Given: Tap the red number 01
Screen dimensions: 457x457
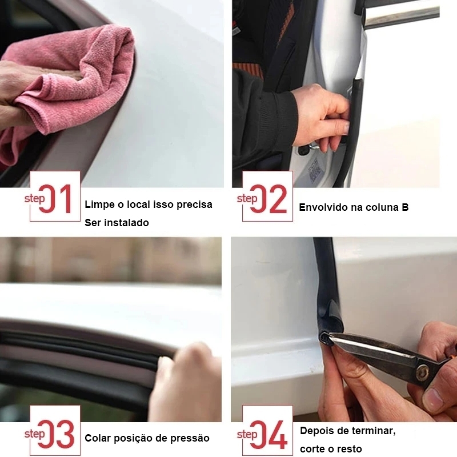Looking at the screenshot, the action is click(56, 199).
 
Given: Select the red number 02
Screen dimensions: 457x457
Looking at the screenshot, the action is click(268, 199).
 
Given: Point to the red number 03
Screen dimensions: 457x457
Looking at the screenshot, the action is click(56, 434).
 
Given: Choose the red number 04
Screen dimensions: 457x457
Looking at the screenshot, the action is click(268, 434).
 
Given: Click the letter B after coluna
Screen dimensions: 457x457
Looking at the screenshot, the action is click(405, 207).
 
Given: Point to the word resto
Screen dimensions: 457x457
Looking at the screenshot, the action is click(348, 449).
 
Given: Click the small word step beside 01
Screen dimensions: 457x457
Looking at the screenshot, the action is click(35, 199).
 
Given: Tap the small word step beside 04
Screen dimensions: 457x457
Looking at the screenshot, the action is click(247, 434).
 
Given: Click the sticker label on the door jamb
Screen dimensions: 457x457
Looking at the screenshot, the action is click(314, 170).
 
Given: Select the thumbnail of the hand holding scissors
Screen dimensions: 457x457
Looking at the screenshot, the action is click(344, 330).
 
